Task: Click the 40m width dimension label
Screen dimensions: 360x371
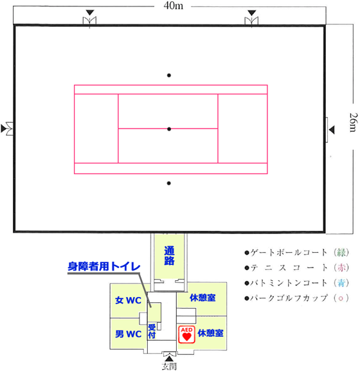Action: [x=173, y=6]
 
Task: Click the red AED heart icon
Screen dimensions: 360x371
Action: [x=186, y=334]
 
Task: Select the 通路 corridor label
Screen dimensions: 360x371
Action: [x=169, y=255]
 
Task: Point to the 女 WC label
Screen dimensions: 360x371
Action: [x=128, y=300]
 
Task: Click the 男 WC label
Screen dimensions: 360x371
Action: [x=128, y=334]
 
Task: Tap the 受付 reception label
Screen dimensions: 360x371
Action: [x=152, y=331]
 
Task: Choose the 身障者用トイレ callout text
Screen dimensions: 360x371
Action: [x=104, y=266]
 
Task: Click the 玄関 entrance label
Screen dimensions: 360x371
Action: [x=169, y=366]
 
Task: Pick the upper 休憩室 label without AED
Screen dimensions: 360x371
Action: [x=203, y=298]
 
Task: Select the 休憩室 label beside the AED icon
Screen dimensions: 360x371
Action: [x=210, y=333]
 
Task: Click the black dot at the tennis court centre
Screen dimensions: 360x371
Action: [x=169, y=129]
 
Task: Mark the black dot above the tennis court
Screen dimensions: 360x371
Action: [x=169, y=75]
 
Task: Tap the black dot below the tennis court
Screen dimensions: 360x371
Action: [x=168, y=183]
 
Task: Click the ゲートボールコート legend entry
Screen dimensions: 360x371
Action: [x=297, y=253]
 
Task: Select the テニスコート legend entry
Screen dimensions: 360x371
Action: [x=297, y=268]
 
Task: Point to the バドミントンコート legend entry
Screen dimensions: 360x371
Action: [x=297, y=283]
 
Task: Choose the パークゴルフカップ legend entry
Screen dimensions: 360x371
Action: [x=297, y=298]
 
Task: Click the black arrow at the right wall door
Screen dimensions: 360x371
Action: [x=332, y=130]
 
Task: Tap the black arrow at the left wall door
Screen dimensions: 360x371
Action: [x=3, y=129]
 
